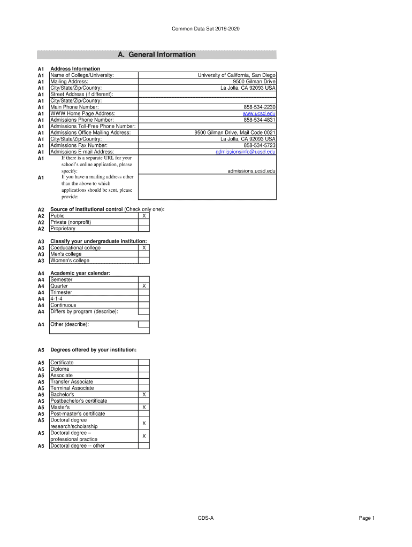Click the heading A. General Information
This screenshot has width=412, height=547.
(x=157, y=54)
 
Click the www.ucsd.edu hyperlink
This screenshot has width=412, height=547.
(x=260, y=114)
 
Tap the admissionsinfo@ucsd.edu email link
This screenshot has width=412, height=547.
(x=246, y=152)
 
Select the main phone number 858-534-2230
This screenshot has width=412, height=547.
(x=260, y=107)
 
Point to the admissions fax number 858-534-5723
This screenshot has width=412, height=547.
(x=260, y=146)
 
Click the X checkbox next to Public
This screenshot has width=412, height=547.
(x=143, y=216)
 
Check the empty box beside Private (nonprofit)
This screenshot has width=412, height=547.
(x=143, y=222)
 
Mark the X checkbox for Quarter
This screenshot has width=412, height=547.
(x=143, y=286)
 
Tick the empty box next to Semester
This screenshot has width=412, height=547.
(x=143, y=279)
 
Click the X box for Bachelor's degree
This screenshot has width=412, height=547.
(x=143, y=395)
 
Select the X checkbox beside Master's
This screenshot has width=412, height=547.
(x=143, y=408)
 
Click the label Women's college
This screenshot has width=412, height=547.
(x=70, y=261)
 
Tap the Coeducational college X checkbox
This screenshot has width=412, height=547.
(x=143, y=248)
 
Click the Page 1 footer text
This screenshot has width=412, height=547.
(x=367, y=518)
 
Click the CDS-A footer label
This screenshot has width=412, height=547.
(x=205, y=518)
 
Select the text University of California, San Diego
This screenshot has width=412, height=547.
(x=236, y=75)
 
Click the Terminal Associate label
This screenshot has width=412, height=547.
(x=72, y=388)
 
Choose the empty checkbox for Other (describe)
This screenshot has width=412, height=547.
(x=143, y=324)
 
